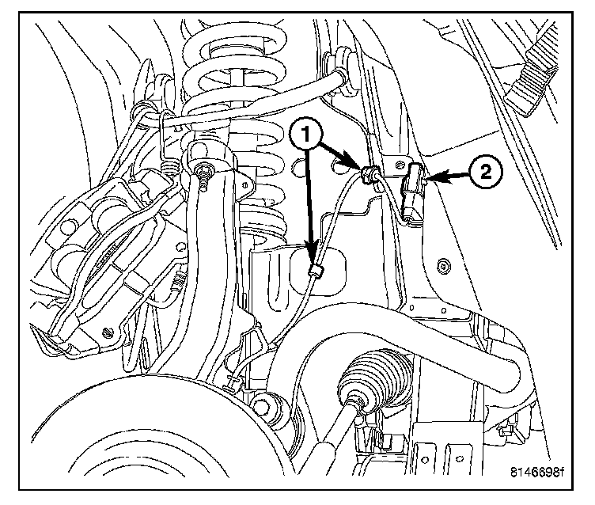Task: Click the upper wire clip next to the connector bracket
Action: coord(368,174)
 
